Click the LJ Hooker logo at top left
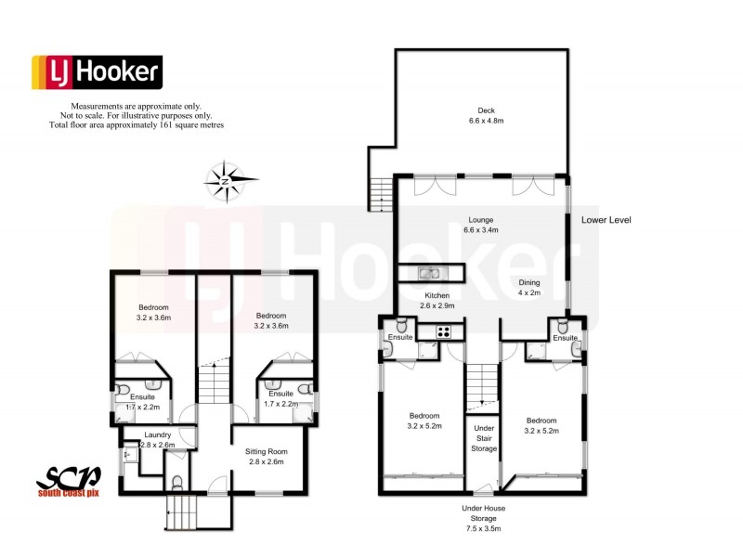point(98,72)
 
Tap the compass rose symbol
point(226,180)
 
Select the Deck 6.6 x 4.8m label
point(480,114)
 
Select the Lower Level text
point(607,220)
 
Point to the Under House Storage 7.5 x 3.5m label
point(483,518)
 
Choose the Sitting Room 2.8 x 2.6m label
point(264,456)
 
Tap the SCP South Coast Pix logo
point(72,482)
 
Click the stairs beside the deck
point(378,193)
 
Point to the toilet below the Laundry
point(179,484)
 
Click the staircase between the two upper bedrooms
point(215,381)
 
